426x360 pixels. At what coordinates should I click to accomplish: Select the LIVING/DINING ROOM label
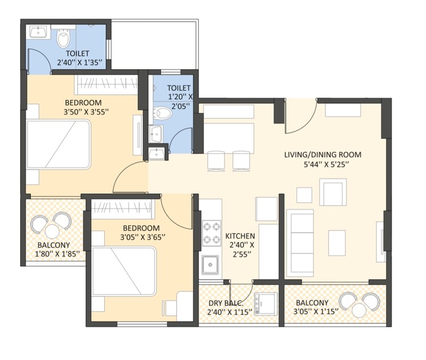(x=323, y=155)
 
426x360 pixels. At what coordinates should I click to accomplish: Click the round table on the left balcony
(x=52, y=231)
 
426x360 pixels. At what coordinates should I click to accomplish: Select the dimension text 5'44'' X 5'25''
(x=324, y=165)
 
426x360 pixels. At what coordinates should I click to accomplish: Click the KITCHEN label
(x=240, y=236)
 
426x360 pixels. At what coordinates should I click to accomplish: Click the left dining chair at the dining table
(x=216, y=161)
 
